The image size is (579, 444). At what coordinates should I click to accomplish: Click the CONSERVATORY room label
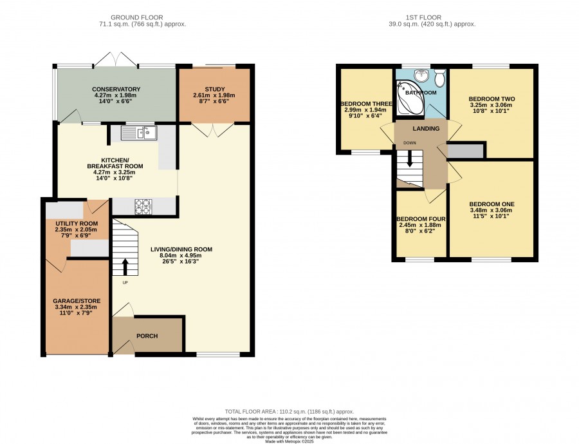116,89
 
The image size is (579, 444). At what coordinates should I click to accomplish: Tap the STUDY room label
214,89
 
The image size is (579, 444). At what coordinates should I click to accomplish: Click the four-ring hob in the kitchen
143,206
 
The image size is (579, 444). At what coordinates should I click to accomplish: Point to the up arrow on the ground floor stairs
125,266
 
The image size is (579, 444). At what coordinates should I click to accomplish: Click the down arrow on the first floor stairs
410,159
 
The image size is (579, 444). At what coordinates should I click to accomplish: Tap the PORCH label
147,336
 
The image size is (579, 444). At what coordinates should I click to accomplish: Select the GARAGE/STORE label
77,301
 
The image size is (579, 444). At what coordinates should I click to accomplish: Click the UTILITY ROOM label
77,224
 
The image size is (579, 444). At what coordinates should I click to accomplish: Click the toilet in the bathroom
439,77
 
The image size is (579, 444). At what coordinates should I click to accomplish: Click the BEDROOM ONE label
492,204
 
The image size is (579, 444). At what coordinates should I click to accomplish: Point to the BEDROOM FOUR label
421,219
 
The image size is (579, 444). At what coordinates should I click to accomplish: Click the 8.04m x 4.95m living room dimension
181,255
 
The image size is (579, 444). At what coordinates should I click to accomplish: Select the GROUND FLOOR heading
136,17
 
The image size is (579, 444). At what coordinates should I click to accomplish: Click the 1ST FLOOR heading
423,17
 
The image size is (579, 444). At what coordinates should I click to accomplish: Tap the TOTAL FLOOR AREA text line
289,411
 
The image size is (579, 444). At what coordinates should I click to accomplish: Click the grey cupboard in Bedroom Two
465,151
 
